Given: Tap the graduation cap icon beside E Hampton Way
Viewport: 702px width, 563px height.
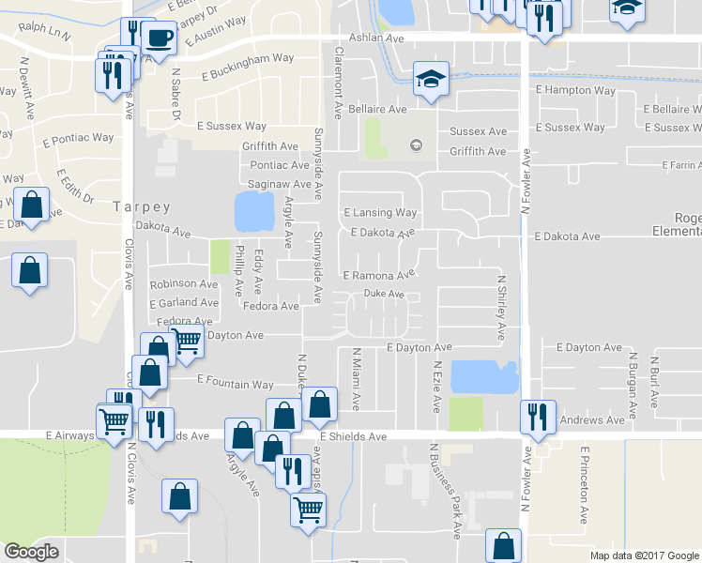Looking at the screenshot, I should [432, 79].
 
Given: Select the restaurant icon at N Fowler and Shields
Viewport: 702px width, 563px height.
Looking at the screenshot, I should [537, 417].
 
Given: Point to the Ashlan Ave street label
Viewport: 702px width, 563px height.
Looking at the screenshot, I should [375, 38].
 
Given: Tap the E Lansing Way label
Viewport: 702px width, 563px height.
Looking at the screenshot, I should [380, 213].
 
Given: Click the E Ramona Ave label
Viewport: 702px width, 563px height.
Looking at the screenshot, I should [378, 276].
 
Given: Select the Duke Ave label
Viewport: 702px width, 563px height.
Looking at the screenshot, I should [384, 294].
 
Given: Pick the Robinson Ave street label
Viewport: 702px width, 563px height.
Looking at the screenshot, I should [184, 283].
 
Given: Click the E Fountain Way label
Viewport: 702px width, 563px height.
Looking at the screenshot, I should [236, 384].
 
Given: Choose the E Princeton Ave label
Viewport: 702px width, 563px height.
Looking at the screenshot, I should [584, 484].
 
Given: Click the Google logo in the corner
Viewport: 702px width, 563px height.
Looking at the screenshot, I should [31, 552].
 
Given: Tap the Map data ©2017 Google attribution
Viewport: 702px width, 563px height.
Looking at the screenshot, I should [643, 555].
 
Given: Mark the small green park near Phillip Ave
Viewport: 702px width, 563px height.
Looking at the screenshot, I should [220, 256].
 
